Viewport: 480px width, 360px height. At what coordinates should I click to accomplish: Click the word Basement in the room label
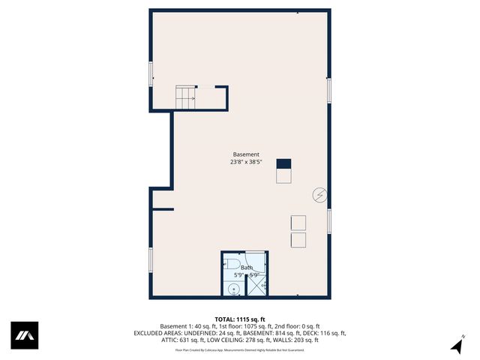(246, 154)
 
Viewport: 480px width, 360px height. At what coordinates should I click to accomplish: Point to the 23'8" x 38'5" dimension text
(246, 162)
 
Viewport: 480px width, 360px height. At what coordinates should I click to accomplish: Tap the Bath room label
(247, 268)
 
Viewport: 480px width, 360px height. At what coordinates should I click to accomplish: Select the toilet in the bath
(232, 266)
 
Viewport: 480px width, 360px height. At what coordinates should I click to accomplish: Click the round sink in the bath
(233, 289)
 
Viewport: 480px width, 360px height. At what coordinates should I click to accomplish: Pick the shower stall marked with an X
(256, 283)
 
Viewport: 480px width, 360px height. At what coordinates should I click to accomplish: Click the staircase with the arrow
(187, 97)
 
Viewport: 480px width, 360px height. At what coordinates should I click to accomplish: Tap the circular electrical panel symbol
(320, 195)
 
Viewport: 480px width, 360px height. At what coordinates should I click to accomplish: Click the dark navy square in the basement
(283, 164)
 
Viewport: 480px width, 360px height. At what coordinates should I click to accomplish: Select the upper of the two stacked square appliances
(298, 223)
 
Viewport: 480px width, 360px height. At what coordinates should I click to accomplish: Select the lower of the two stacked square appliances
(298, 240)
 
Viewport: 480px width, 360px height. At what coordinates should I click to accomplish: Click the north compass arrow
(456, 345)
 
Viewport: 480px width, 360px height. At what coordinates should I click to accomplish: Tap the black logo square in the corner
(24, 335)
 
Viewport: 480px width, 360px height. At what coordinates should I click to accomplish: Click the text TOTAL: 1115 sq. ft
(239, 319)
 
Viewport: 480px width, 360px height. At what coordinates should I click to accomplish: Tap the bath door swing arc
(253, 260)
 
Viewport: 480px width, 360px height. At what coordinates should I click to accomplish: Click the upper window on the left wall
(151, 73)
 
